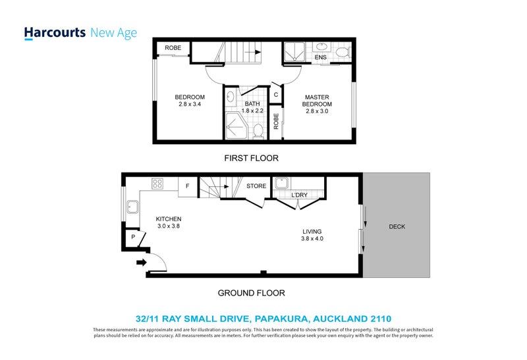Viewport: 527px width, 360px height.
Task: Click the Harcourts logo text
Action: (55, 33)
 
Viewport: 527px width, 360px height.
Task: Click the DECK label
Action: (397, 227)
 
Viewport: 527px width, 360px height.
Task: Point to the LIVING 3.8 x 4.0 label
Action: (312, 235)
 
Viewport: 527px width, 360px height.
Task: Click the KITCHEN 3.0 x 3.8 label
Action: (169, 222)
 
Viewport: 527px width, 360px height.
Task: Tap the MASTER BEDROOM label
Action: (318, 104)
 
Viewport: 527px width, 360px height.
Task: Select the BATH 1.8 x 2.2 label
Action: (252, 107)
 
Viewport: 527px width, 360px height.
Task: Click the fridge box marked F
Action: (188, 186)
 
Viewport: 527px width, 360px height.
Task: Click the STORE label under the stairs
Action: (256, 186)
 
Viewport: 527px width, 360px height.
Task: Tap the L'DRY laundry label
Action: (300, 195)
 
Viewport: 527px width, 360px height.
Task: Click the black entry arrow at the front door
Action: (140, 263)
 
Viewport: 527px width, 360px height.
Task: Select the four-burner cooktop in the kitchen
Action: (157, 183)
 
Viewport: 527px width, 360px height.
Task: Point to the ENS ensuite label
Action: (321, 58)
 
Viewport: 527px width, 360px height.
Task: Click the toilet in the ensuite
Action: (341, 51)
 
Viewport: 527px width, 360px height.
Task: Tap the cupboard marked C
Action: (276, 95)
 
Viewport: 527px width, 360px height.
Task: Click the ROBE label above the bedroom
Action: (173, 48)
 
